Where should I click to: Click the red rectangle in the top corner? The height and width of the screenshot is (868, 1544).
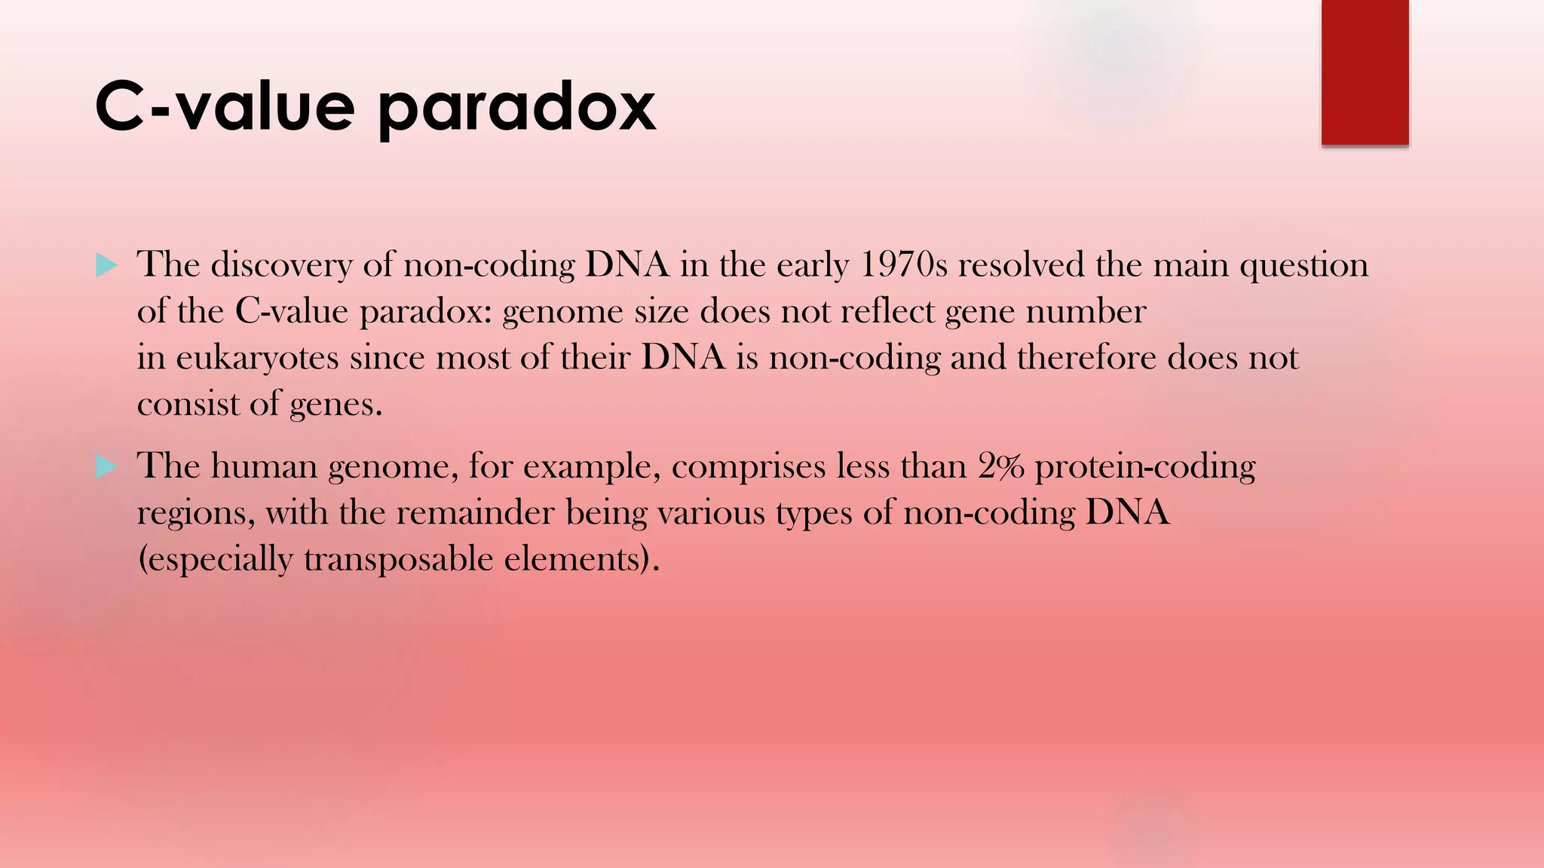(1365, 72)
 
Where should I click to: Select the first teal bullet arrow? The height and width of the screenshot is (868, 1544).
(107, 265)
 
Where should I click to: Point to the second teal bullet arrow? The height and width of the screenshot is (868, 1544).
(107, 467)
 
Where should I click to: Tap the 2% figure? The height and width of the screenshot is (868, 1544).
(1001, 466)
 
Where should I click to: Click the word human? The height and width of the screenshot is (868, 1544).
(264, 466)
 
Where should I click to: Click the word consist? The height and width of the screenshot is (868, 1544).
(188, 405)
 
